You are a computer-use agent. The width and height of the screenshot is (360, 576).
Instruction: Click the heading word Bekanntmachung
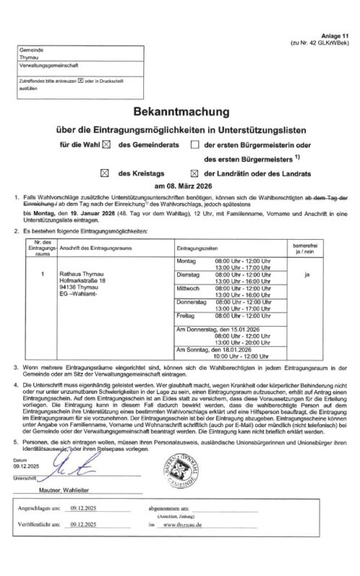coord(179,113)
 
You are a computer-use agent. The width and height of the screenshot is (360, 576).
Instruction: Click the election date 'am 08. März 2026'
coord(179,186)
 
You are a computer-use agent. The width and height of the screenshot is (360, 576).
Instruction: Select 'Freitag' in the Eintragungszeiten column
coord(186,316)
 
